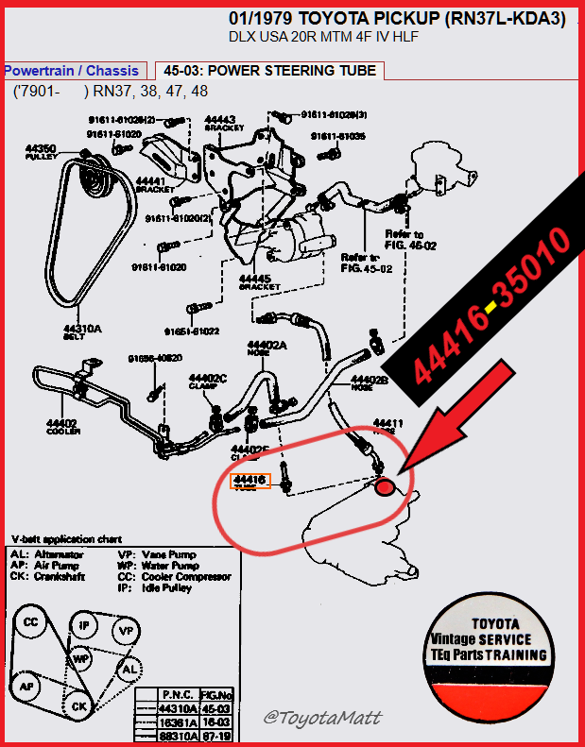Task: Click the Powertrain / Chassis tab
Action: tap(72, 71)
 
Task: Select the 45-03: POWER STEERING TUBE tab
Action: tap(269, 71)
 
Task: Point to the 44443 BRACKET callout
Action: tap(224, 125)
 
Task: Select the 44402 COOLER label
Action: tap(63, 426)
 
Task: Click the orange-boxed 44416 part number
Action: tap(251, 481)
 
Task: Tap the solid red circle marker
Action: tap(385, 486)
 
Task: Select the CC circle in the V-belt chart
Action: tap(31, 622)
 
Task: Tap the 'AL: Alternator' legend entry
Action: tap(46, 554)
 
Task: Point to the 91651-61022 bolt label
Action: tap(195, 331)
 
